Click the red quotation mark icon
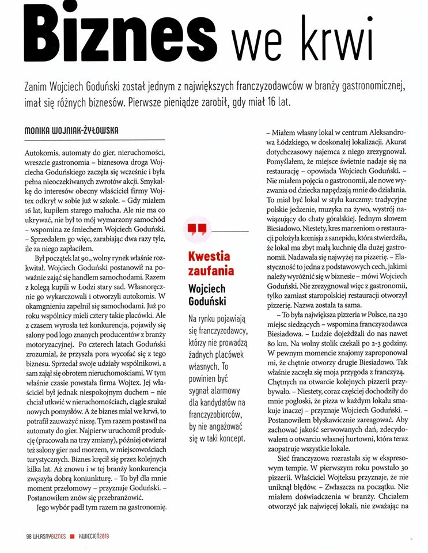click(x=197, y=230)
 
